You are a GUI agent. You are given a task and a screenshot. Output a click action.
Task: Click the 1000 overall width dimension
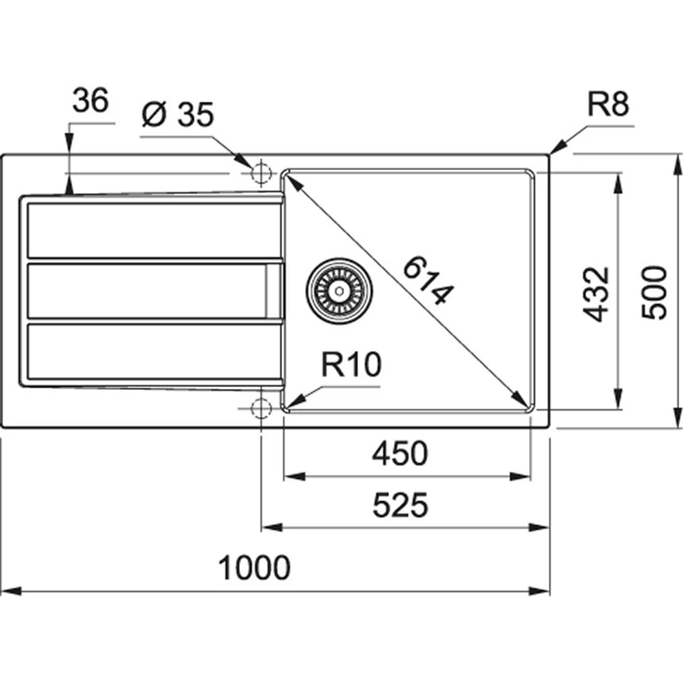254,568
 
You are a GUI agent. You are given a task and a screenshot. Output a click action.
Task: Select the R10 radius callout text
351,366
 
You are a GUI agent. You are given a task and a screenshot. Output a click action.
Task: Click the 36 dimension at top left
91,101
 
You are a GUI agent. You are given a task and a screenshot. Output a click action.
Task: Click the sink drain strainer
340,290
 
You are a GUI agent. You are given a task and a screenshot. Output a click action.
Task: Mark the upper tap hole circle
260,172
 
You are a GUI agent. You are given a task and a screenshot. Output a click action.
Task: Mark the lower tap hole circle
260,408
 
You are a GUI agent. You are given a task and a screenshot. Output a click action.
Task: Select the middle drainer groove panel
151,290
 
